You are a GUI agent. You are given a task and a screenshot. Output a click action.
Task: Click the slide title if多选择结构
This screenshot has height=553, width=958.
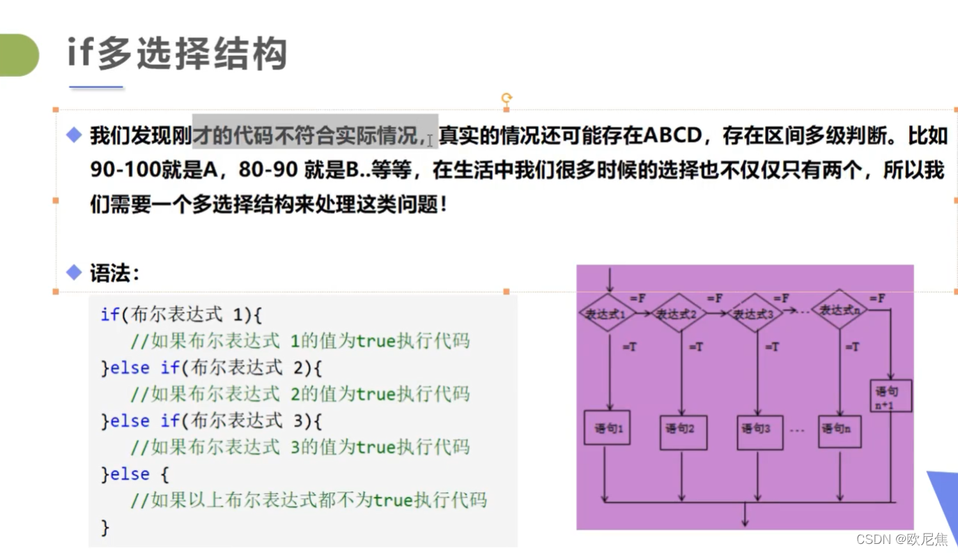click(x=177, y=53)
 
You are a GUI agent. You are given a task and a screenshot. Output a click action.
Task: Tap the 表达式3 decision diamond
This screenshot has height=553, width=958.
click(x=755, y=314)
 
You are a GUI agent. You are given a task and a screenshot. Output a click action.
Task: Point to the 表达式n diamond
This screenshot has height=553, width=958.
click(x=839, y=310)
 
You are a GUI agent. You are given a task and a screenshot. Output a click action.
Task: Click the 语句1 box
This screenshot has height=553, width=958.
click(x=607, y=427)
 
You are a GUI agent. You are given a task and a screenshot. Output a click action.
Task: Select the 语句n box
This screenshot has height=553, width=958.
click(x=839, y=429)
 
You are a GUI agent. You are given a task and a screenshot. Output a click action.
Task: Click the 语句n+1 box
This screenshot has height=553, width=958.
click(x=890, y=395)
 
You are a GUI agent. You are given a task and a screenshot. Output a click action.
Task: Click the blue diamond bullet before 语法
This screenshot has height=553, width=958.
click(x=74, y=273)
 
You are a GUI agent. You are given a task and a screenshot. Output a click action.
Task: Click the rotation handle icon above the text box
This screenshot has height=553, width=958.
click(x=507, y=98)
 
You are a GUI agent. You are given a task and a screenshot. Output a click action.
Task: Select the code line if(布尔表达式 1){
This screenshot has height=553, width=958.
click(x=181, y=315)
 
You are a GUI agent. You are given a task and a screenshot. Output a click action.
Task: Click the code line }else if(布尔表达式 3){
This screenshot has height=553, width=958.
click(x=212, y=421)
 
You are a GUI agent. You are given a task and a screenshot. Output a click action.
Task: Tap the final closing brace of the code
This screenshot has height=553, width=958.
click(x=105, y=527)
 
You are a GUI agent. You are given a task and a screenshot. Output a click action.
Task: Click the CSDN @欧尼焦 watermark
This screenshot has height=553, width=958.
click(x=902, y=540)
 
